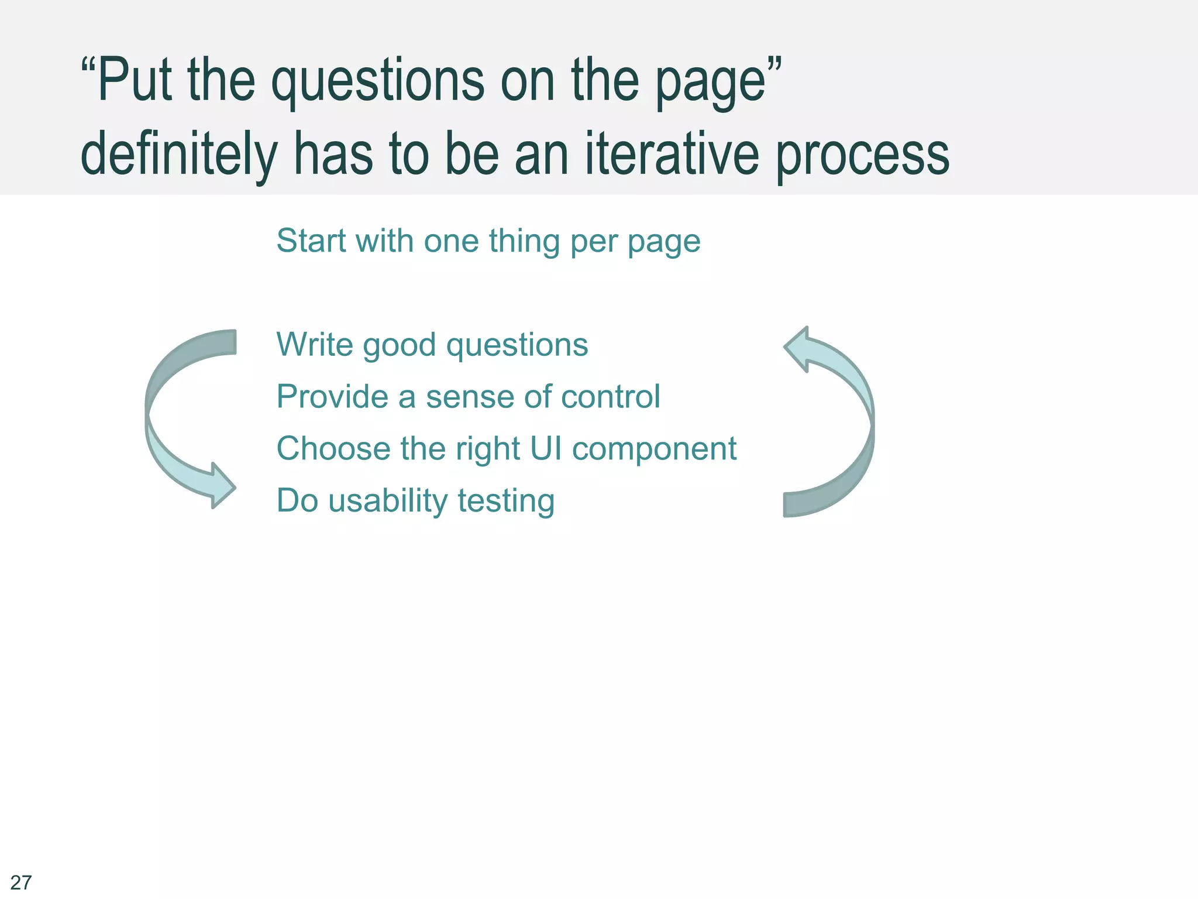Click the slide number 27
pyautogui.click(x=21, y=881)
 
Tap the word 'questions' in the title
pyautogui.click(x=378, y=82)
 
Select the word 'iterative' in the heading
pyautogui.click(x=672, y=153)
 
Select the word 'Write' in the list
pyautogui.click(x=315, y=344)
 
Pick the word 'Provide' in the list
pyautogui.click(x=332, y=396)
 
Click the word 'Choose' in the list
pyautogui.click(x=333, y=448)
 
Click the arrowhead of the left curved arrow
pyautogui.click(x=221, y=486)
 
